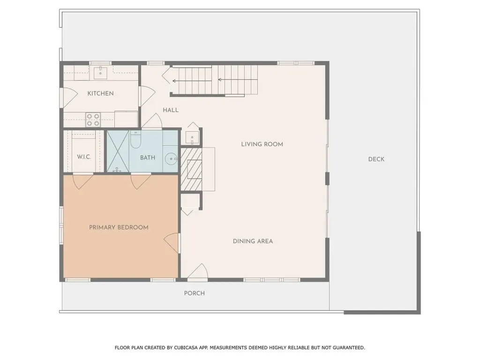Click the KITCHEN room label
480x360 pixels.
point(100,93)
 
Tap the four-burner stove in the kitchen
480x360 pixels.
point(93,120)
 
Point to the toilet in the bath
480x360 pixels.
point(135,139)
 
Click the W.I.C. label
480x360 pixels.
point(84,157)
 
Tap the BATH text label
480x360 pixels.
point(148,157)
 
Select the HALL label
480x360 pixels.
point(171,110)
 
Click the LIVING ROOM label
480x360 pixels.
point(262,144)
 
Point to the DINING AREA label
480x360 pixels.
point(253,241)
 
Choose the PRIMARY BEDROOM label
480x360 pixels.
point(119,227)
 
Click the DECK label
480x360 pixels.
point(376,159)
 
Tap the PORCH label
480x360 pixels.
point(194,293)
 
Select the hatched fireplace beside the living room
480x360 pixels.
point(192,169)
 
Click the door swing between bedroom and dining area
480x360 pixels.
point(172,243)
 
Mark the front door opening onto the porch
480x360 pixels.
point(197,273)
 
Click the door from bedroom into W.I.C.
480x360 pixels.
point(82,180)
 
